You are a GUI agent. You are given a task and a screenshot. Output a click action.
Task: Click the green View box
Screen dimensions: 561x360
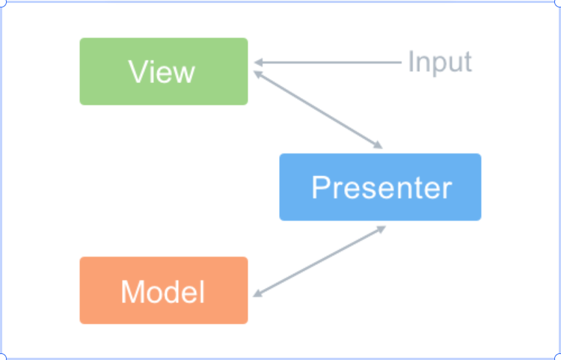click(164, 71)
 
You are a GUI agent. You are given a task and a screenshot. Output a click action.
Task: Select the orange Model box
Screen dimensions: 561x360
click(164, 290)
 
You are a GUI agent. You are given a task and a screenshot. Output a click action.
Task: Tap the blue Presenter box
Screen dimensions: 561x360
click(380, 187)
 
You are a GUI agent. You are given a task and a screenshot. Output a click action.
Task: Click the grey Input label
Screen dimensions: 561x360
click(440, 62)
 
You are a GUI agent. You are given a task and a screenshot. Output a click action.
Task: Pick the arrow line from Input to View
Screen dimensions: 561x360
click(328, 63)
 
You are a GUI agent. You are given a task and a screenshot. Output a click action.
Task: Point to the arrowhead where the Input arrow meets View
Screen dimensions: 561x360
click(258, 63)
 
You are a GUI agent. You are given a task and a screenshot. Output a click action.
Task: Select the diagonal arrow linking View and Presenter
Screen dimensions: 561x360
click(318, 109)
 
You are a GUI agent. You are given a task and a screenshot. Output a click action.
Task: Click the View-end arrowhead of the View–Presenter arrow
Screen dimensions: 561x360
click(257, 73)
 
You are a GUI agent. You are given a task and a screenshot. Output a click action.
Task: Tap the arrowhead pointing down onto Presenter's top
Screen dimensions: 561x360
click(378, 145)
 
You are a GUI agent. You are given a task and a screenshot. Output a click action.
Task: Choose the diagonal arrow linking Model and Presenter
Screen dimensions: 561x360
click(319, 262)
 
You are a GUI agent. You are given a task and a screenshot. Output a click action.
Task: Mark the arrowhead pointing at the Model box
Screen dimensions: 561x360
click(257, 294)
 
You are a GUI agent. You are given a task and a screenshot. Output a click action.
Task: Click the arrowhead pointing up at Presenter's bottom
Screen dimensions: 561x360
click(381, 229)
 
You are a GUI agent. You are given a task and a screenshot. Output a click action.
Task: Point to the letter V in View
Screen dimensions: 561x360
click(138, 72)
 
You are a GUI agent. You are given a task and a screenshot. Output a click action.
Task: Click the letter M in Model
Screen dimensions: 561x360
click(132, 292)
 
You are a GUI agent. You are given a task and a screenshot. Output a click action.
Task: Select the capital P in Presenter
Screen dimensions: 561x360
click(321, 187)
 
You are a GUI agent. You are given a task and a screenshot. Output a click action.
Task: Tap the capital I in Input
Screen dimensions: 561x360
click(411, 61)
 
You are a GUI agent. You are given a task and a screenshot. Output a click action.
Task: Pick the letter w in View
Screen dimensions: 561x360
click(184, 74)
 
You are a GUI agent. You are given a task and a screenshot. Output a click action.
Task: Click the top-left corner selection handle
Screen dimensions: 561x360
click(1, 1)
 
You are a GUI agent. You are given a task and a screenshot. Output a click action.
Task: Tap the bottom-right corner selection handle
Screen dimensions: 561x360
click(560, 358)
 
